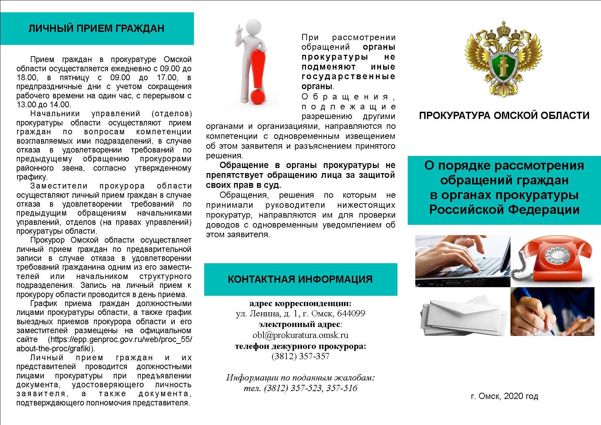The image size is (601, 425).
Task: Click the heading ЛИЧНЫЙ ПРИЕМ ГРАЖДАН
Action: click(96, 28)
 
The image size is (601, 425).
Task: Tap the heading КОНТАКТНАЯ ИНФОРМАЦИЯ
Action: click(300, 279)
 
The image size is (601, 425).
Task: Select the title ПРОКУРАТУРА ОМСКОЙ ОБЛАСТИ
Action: click(504, 116)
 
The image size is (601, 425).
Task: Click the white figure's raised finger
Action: click(238, 28)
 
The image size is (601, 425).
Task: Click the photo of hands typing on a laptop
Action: click(463, 260)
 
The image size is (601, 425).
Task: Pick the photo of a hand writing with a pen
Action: click(552, 311)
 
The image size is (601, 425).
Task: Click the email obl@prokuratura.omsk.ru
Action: click(300, 335)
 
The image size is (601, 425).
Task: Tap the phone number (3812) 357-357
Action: click(300, 356)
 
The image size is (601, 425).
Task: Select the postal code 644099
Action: click(351, 313)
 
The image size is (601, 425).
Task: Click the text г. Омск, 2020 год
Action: click(504, 396)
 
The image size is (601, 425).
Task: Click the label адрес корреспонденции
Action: click(299, 303)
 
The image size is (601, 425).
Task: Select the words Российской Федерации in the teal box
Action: click(504, 209)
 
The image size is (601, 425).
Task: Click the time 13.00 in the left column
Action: click(25, 105)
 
